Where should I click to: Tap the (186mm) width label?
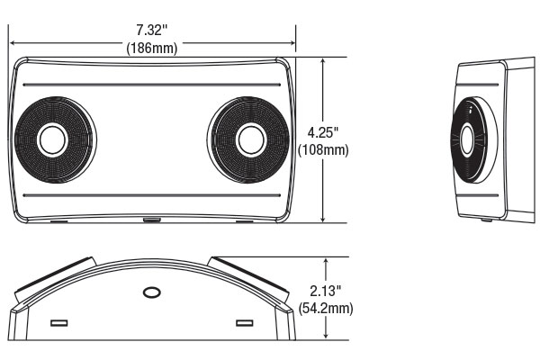151,48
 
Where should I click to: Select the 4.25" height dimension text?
324,132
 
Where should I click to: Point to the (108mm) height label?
324,148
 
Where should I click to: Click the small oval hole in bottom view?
151,293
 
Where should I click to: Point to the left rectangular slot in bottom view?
60,322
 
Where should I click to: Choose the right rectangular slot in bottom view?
243,322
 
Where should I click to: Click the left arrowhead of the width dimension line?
13,40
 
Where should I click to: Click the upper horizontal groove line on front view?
151,85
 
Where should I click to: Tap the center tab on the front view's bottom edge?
151,220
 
